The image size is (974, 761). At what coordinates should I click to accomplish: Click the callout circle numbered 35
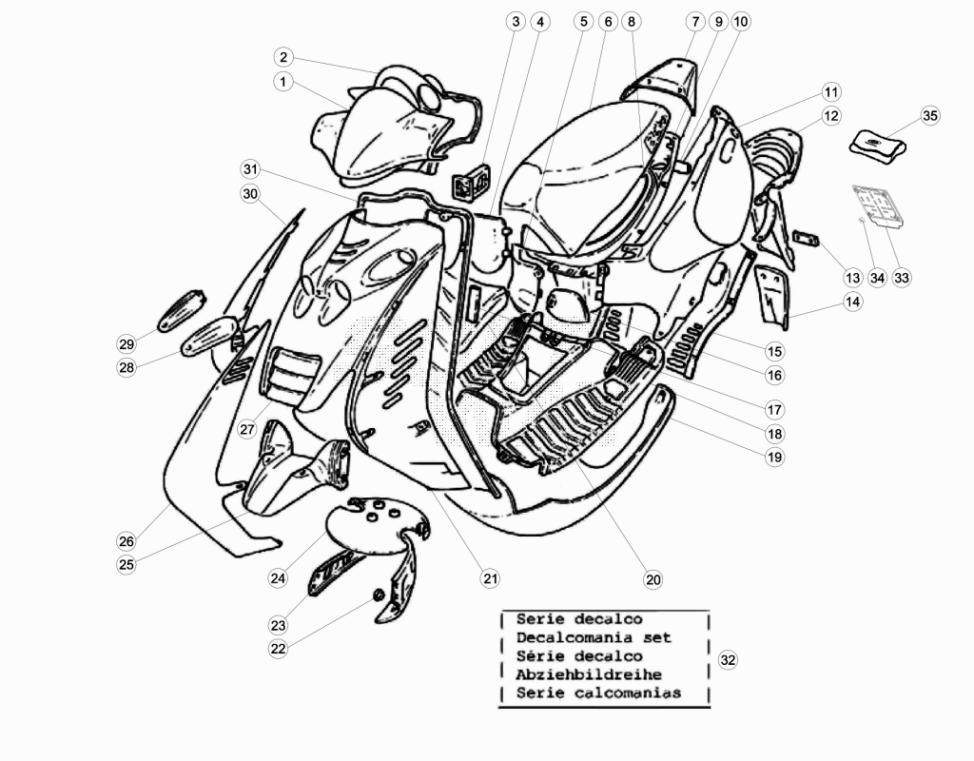coord(930,115)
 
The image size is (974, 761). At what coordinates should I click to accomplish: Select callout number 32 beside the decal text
coord(728,660)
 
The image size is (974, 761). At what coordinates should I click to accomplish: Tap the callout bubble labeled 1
coord(283,82)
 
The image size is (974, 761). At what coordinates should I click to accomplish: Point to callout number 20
coord(653,579)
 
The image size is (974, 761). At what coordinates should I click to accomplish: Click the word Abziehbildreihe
coord(589,674)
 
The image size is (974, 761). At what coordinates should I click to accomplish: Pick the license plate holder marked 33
coord(878,207)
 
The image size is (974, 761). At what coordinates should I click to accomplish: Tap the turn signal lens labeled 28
coord(210,336)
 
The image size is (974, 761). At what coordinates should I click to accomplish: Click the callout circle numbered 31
coord(250,169)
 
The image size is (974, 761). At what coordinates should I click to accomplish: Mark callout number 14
coord(853,302)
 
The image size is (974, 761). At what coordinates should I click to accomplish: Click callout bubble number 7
coord(695,21)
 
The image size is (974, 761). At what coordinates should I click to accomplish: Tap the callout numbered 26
coord(127,541)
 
